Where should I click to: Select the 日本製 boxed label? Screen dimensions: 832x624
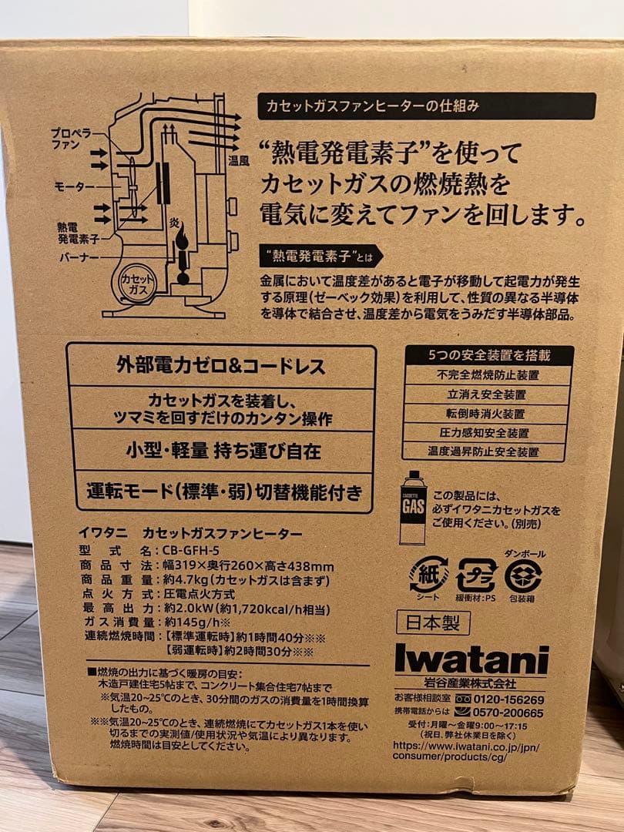point(424,621)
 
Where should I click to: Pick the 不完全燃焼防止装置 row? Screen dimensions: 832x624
point(488,375)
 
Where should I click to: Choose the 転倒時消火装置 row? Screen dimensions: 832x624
point(488,414)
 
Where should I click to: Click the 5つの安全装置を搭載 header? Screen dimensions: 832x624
point(488,355)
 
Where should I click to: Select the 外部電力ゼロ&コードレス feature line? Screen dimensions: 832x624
point(221,366)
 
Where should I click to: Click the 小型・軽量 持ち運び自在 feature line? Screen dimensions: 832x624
point(221,450)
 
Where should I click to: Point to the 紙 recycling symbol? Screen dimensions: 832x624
point(428,575)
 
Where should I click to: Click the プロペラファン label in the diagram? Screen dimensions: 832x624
point(72,138)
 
